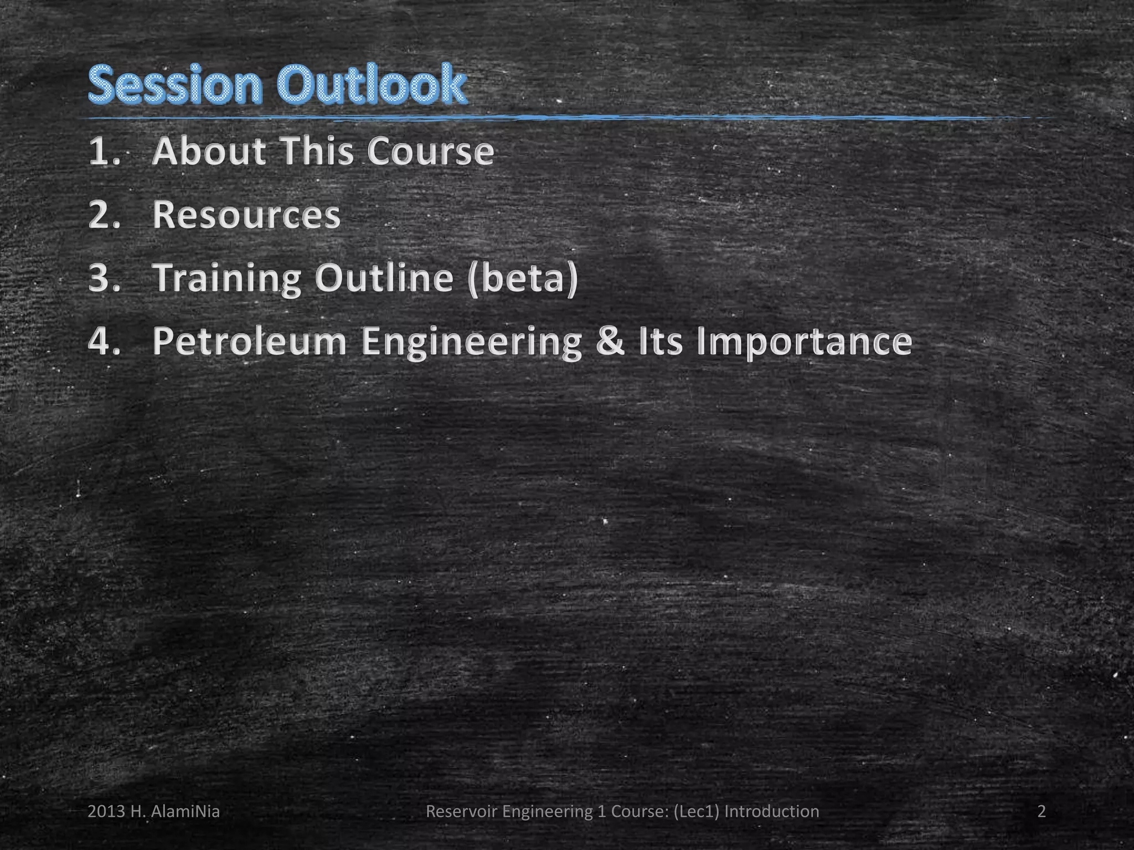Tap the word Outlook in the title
372,85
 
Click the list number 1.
104,152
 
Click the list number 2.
104,215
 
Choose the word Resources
246,215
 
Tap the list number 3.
104,278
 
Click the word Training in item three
227,278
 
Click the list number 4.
104,341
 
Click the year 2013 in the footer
106,812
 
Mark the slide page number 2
1042,812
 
